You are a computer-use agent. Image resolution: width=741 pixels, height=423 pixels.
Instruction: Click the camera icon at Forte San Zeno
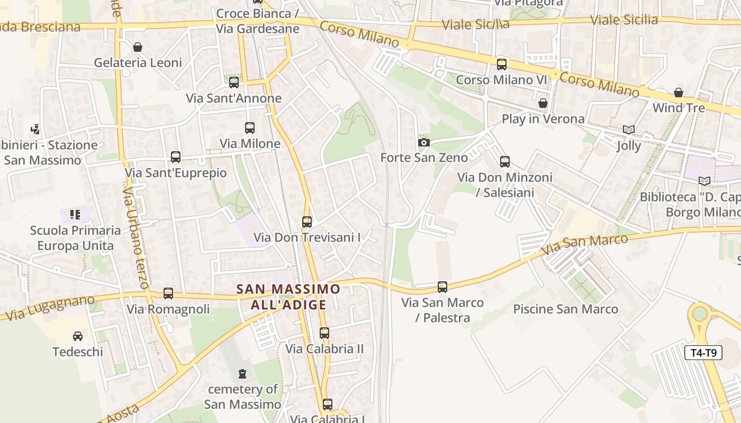[423, 142]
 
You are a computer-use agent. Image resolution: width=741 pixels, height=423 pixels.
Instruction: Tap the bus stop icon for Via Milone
[250, 128]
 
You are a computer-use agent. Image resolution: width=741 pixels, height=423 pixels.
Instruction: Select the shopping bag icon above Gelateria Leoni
[138, 47]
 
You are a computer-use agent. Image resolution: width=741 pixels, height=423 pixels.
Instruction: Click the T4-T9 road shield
[703, 353]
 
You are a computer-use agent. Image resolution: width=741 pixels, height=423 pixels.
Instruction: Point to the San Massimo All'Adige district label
[288, 297]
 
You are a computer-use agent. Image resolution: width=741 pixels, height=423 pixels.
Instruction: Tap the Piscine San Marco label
[565, 309]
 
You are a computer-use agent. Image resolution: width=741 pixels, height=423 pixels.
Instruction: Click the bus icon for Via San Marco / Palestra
[442, 287]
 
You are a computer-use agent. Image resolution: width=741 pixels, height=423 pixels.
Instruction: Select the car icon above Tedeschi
[77, 336]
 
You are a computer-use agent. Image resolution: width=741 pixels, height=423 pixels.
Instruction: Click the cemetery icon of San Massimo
[242, 374]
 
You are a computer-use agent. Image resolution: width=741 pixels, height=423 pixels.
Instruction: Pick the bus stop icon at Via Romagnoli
[168, 293]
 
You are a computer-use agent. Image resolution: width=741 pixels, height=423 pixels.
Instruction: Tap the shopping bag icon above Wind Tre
[679, 93]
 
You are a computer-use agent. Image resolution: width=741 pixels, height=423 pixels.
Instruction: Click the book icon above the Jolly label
[629, 130]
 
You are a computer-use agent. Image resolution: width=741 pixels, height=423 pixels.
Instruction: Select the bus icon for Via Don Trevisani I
[307, 222]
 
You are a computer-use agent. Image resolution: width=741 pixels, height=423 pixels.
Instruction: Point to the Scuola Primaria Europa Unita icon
[75, 215]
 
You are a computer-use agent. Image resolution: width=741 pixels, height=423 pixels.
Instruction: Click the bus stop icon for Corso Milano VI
[501, 65]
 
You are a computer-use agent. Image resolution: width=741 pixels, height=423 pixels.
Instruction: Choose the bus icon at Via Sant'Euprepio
[176, 157]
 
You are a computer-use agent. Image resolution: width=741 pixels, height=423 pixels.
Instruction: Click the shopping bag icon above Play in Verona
[543, 103]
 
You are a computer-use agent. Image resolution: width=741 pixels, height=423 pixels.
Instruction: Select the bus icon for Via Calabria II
[324, 333]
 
